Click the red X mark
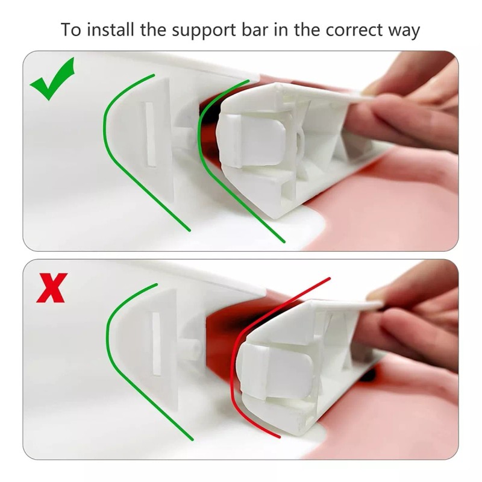click(52, 288)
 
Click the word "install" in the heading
click(110, 30)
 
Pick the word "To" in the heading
click(70, 30)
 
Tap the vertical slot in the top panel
click(149, 134)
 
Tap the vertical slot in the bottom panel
click(156, 343)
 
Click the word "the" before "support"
click(153, 30)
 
